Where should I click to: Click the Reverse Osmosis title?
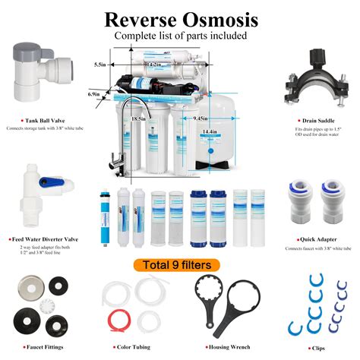coord(181,18)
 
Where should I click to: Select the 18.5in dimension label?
coord(139,119)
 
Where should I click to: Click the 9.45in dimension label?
coord(201,118)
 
